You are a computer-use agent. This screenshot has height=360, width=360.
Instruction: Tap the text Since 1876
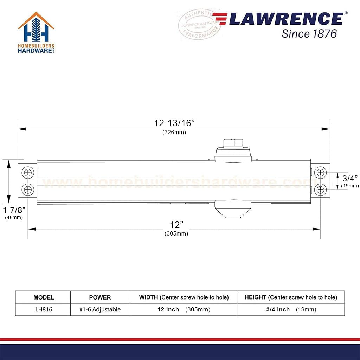coord(309,34)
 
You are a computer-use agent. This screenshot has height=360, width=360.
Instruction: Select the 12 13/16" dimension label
coord(174,123)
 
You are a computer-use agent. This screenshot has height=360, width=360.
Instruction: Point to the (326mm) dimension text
coord(174,133)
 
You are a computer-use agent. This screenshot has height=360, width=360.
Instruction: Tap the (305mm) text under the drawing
coord(176,234)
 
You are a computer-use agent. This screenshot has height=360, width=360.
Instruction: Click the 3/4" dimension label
coord(350,178)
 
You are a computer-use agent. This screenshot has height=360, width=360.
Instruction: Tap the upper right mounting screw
coord(320,173)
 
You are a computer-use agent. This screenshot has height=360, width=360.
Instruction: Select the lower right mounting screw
coord(320,190)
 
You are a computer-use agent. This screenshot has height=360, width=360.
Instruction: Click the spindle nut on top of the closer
coord(233,143)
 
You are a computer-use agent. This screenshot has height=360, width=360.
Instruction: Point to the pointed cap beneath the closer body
coord(233,210)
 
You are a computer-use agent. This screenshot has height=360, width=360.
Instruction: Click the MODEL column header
coord(44,297)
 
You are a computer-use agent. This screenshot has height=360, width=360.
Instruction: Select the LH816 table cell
coord(44,310)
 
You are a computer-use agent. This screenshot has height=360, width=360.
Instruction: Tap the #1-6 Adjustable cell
coord(100,310)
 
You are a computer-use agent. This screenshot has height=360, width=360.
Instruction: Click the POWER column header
coord(100,297)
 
